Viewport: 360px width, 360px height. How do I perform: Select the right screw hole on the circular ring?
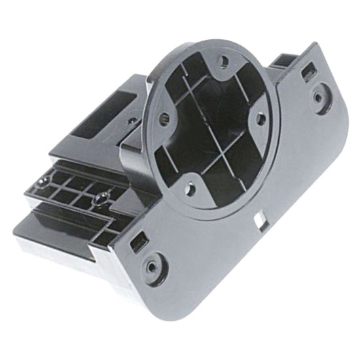261,118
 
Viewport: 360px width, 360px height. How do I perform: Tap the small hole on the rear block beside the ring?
132,121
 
